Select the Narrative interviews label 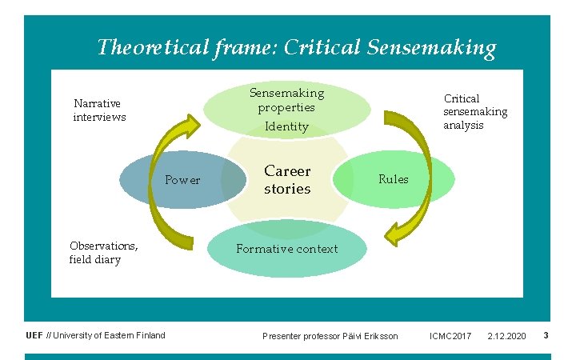point(99,110)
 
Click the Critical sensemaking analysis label point(475,111)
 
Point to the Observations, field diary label point(103,253)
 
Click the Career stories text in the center point(287,180)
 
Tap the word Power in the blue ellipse point(182,180)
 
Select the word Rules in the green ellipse point(393,179)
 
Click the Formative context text point(286,249)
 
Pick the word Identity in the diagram point(286,126)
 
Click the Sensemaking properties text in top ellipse point(286,100)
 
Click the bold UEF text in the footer point(34,335)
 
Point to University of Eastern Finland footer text point(110,335)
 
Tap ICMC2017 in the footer point(450,336)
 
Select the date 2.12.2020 point(506,336)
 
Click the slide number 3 point(546,335)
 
